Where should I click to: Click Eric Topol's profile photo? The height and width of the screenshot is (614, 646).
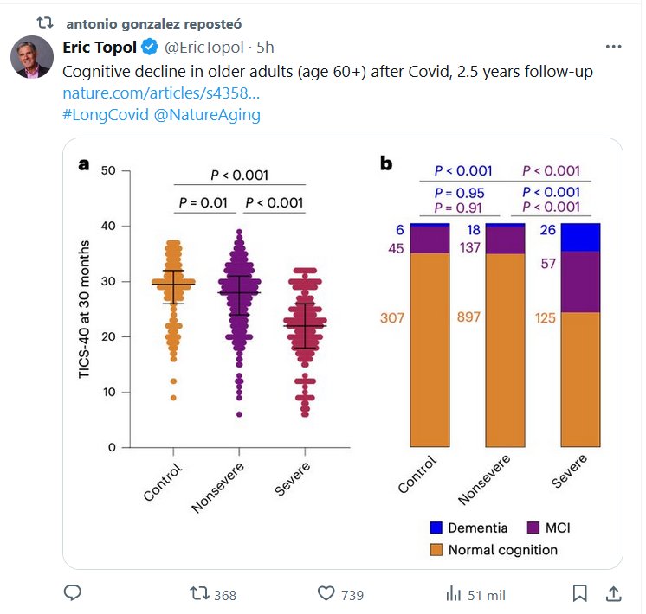(x=31, y=57)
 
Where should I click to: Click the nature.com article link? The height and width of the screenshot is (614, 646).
(x=160, y=92)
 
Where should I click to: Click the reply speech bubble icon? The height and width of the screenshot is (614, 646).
(x=74, y=593)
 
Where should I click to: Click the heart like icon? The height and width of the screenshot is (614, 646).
(x=326, y=594)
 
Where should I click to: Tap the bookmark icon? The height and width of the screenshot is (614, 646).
(x=579, y=593)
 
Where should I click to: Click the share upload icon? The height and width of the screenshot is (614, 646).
(x=612, y=593)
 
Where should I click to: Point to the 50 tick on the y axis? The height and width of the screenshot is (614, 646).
(x=108, y=170)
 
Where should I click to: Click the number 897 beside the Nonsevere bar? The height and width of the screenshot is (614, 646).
(x=468, y=318)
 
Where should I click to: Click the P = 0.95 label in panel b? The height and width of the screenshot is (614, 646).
(x=459, y=192)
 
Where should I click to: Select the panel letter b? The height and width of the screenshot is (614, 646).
(x=387, y=163)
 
